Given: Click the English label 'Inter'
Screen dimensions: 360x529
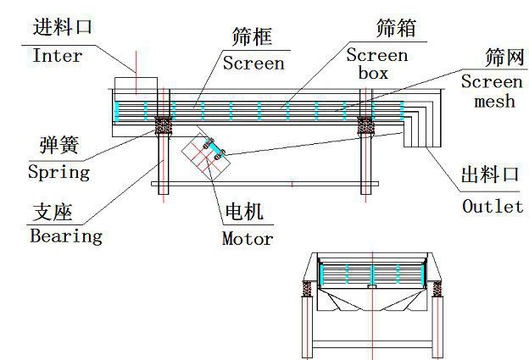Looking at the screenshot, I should [x=57, y=56].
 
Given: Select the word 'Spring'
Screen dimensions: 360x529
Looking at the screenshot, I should [x=58, y=172].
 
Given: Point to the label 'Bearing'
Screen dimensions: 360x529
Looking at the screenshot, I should [x=65, y=235].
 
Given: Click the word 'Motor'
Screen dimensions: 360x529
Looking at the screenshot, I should [x=248, y=238].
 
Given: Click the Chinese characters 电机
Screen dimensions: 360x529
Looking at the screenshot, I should [x=242, y=212].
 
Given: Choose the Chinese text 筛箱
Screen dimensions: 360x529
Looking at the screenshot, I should [x=395, y=28].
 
